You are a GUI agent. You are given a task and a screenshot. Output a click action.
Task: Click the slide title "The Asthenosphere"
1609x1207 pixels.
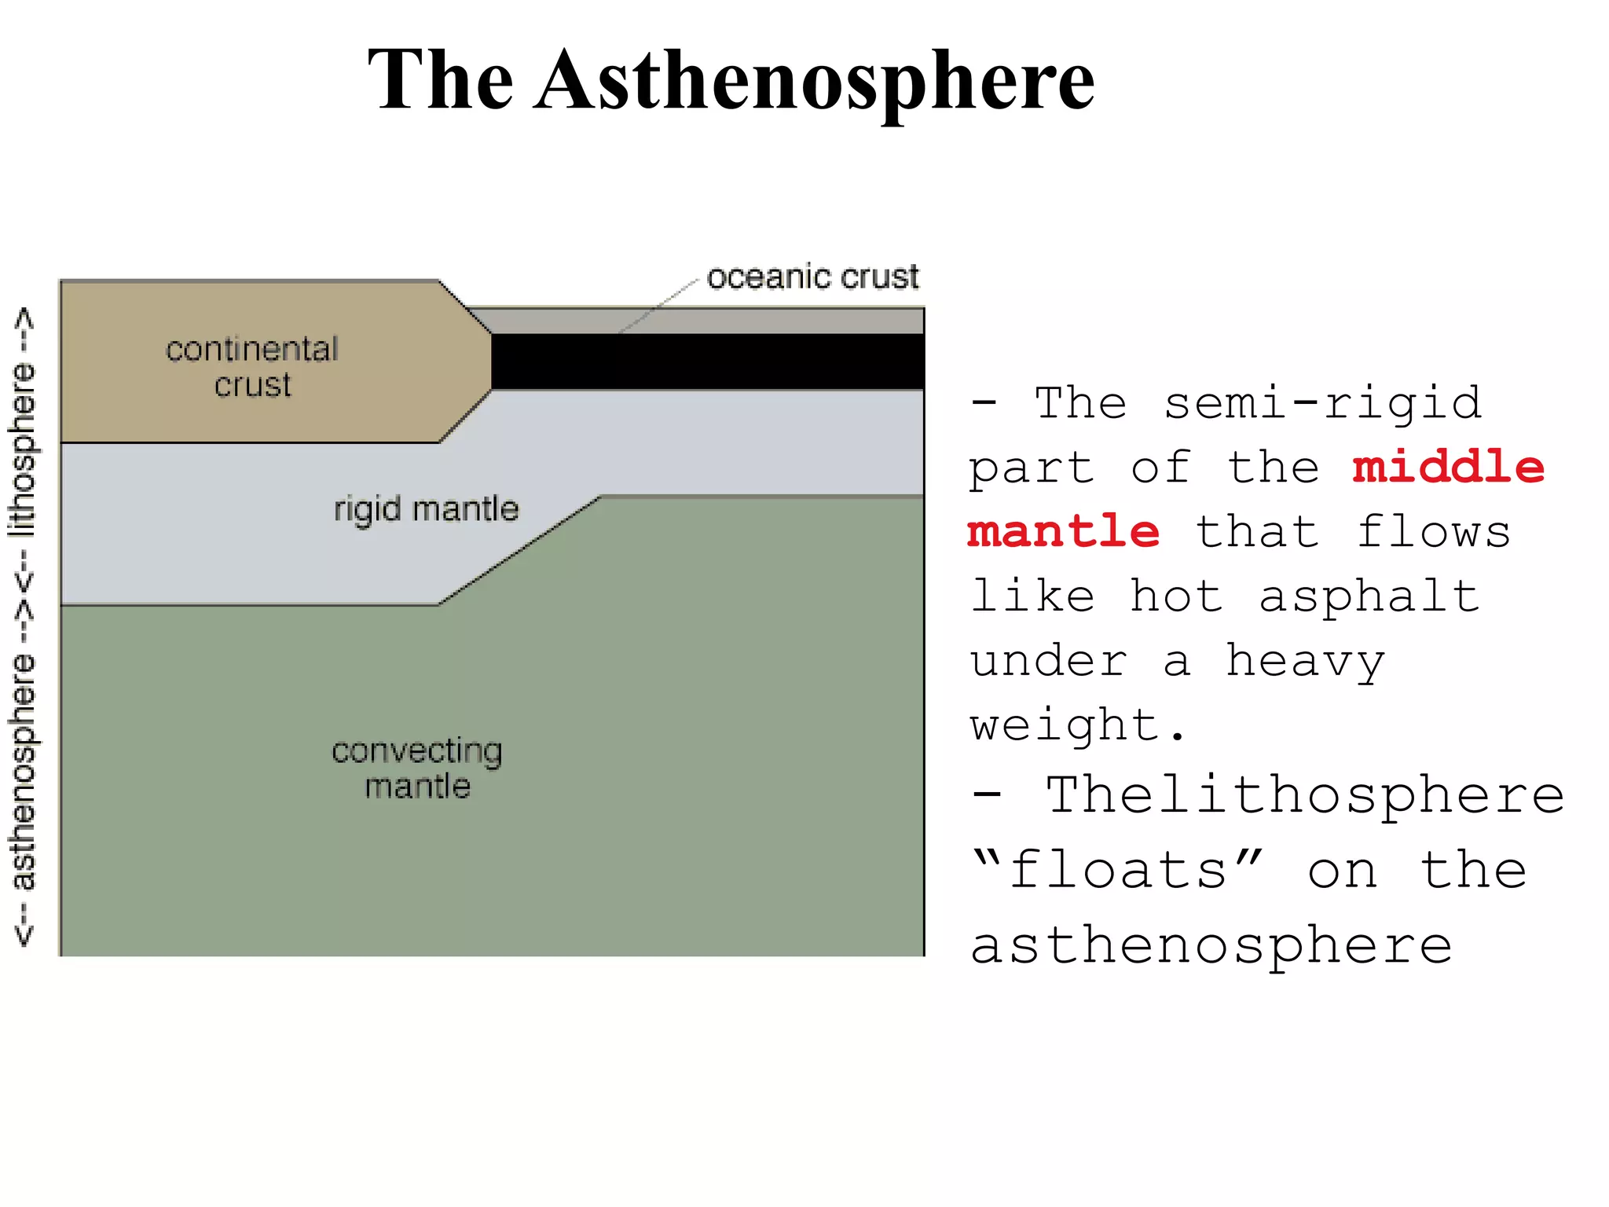[x=731, y=80]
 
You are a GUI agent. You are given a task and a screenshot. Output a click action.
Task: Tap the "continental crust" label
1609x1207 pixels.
[x=252, y=367]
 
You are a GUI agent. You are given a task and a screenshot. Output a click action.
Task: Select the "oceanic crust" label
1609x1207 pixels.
[x=812, y=277]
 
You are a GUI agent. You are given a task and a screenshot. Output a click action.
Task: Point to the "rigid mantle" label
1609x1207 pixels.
[x=426, y=509]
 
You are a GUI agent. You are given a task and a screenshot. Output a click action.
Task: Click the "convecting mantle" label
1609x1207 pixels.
[x=417, y=769]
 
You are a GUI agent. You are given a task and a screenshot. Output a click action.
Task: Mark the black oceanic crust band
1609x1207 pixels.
[x=707, y=361]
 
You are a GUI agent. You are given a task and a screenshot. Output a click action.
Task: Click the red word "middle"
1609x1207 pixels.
[x=1448, y=468]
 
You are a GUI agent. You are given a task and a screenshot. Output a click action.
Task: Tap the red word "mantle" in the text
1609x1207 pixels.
[x=1063, y=532]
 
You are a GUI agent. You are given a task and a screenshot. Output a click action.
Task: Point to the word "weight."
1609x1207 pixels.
[x=1077, y=725]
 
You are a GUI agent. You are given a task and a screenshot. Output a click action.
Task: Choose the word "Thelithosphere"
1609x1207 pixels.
[x=1305, y=795]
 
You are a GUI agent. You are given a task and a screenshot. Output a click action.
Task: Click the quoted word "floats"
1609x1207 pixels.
[x=1118, y=870]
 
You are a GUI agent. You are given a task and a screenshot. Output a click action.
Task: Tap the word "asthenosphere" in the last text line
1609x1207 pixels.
[x=1211, y=945]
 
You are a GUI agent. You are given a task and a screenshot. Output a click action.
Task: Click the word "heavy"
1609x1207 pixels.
[x=1305, y=662]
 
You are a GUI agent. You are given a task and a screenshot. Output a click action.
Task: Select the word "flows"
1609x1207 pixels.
[x=1433, y=532]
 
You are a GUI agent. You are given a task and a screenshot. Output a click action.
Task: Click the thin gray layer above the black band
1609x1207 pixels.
[x=786, y=321]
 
